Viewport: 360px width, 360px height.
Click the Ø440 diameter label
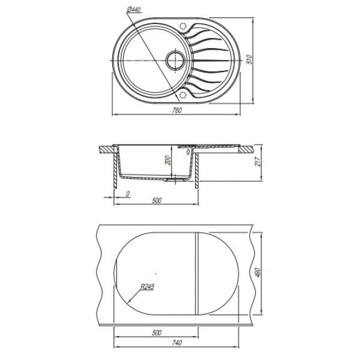coord(134,10)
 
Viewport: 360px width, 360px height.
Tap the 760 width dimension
coord(177,110)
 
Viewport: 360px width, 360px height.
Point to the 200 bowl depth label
coord(168,160)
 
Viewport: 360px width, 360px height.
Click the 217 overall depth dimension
coord(258,161)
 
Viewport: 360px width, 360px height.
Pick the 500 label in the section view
coord(157,200)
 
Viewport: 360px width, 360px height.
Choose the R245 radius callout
coord(148,287)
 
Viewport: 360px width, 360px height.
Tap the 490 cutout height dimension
coord(257,273)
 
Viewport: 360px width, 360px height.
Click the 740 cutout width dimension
coord(177,343)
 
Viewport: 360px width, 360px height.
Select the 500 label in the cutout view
coord(157,332)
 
